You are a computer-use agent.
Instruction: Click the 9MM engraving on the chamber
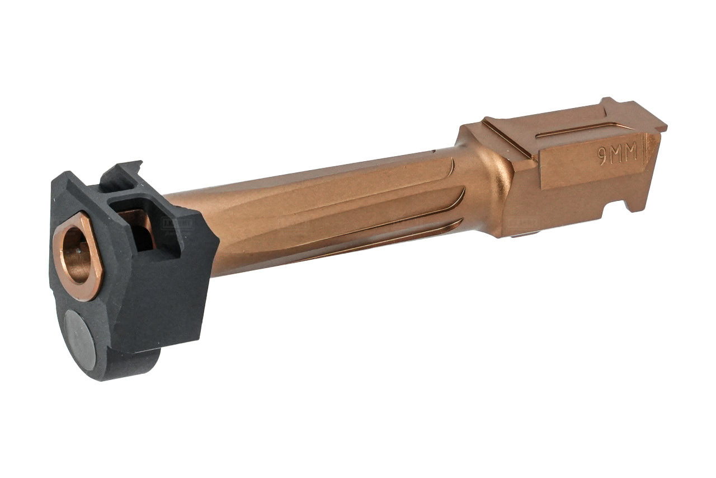point(618,155)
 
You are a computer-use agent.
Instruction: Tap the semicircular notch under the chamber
point(610,212)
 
